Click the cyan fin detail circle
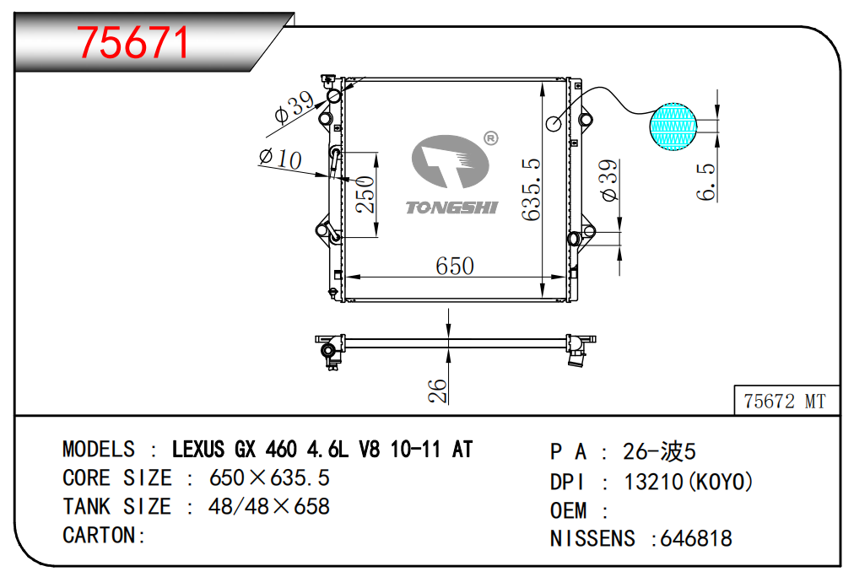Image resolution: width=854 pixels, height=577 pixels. (x=674, y=127)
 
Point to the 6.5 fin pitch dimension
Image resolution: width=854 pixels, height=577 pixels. (x=707, y=181)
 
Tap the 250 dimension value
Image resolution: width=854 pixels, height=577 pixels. (x=365, y=194)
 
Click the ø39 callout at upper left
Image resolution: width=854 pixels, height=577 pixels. (x=294, y=107)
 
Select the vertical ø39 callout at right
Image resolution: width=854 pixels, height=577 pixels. (x=609, y=181)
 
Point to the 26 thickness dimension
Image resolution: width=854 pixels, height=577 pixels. (x=437, y=390)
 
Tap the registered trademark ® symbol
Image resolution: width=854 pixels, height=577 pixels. (x=490, y=138)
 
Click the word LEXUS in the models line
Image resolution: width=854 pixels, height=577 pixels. (x=198, y=450)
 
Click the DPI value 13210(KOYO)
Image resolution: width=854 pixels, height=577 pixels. (x=688, y=482)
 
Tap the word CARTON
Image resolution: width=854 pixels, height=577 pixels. (x=99, y=535)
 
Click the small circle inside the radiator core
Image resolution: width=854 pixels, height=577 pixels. (x=554, y=123)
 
